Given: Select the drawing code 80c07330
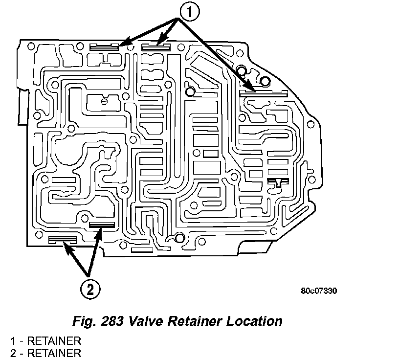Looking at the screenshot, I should coord(319,291).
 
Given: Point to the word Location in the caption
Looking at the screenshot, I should coord(254,322).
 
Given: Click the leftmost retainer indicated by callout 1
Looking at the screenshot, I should coord(105,47).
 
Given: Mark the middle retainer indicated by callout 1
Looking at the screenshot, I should coord(155,47).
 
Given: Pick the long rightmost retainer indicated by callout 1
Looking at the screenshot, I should coord(263,91).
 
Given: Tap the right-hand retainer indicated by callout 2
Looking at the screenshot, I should coord(102,225).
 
